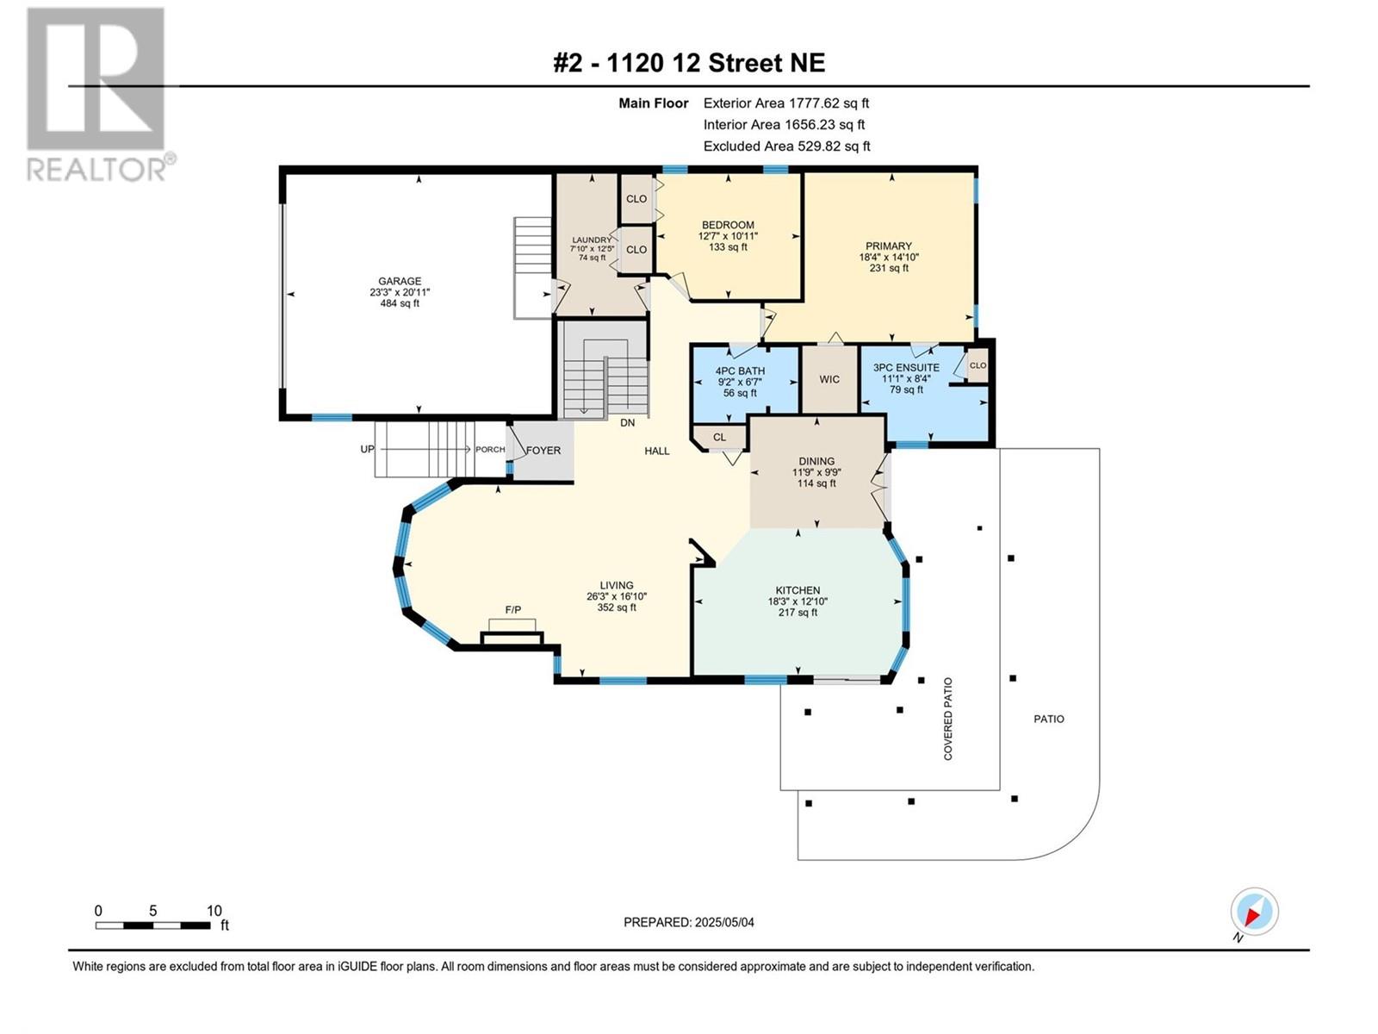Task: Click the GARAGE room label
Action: point(400,281)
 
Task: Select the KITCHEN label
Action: point(798,590)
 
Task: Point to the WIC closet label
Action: point(829,379)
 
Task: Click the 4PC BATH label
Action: point(740,371)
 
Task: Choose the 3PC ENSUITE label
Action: point(907,367)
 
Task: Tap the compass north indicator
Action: point(1254,912)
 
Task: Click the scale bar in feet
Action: point(153,925)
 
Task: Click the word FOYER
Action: point(543,450)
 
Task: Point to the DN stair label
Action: point(627,422)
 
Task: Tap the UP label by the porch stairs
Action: point(367,449)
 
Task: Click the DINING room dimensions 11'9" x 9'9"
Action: point(816,472)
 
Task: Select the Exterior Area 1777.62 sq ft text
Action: point(786,103)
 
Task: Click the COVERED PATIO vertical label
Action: point(948,719)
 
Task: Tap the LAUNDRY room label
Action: point(592,240)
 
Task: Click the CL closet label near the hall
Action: point(719,437)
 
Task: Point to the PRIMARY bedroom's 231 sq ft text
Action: point(888,268)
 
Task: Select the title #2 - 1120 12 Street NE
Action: point(689,63)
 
